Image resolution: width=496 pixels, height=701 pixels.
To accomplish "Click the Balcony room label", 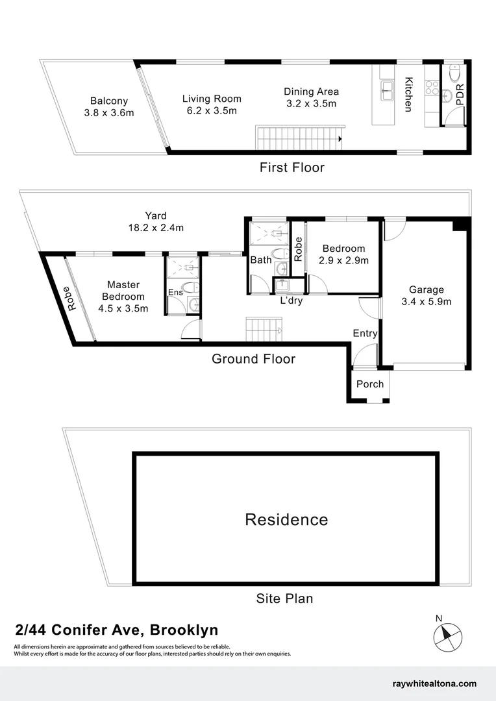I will tap(109, 101).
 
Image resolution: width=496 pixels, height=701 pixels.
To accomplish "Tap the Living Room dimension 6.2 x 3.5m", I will tap(212, 111).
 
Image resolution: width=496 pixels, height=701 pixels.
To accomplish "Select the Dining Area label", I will tap(312, 92).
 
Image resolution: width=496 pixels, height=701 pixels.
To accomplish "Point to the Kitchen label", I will tap(409, 95).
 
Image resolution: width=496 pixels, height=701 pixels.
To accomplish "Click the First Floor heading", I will tap(291, 167).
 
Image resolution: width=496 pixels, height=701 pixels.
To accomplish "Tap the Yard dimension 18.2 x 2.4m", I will tap(156, 228).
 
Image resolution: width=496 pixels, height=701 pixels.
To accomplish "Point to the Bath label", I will tap(261, 260).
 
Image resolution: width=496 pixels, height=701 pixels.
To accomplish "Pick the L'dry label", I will tap(291, 301).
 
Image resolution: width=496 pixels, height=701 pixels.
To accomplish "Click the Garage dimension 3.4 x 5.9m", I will tap(427, 301).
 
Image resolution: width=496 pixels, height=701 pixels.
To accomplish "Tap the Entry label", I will tap(365, 333).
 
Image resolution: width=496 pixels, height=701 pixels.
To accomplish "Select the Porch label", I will tap(370, 384).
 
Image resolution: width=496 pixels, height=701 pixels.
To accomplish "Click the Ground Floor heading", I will tap(253, 359).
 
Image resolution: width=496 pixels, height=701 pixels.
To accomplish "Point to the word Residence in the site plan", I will tap(286, 519).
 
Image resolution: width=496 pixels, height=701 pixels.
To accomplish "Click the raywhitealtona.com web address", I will tap(435, 683).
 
